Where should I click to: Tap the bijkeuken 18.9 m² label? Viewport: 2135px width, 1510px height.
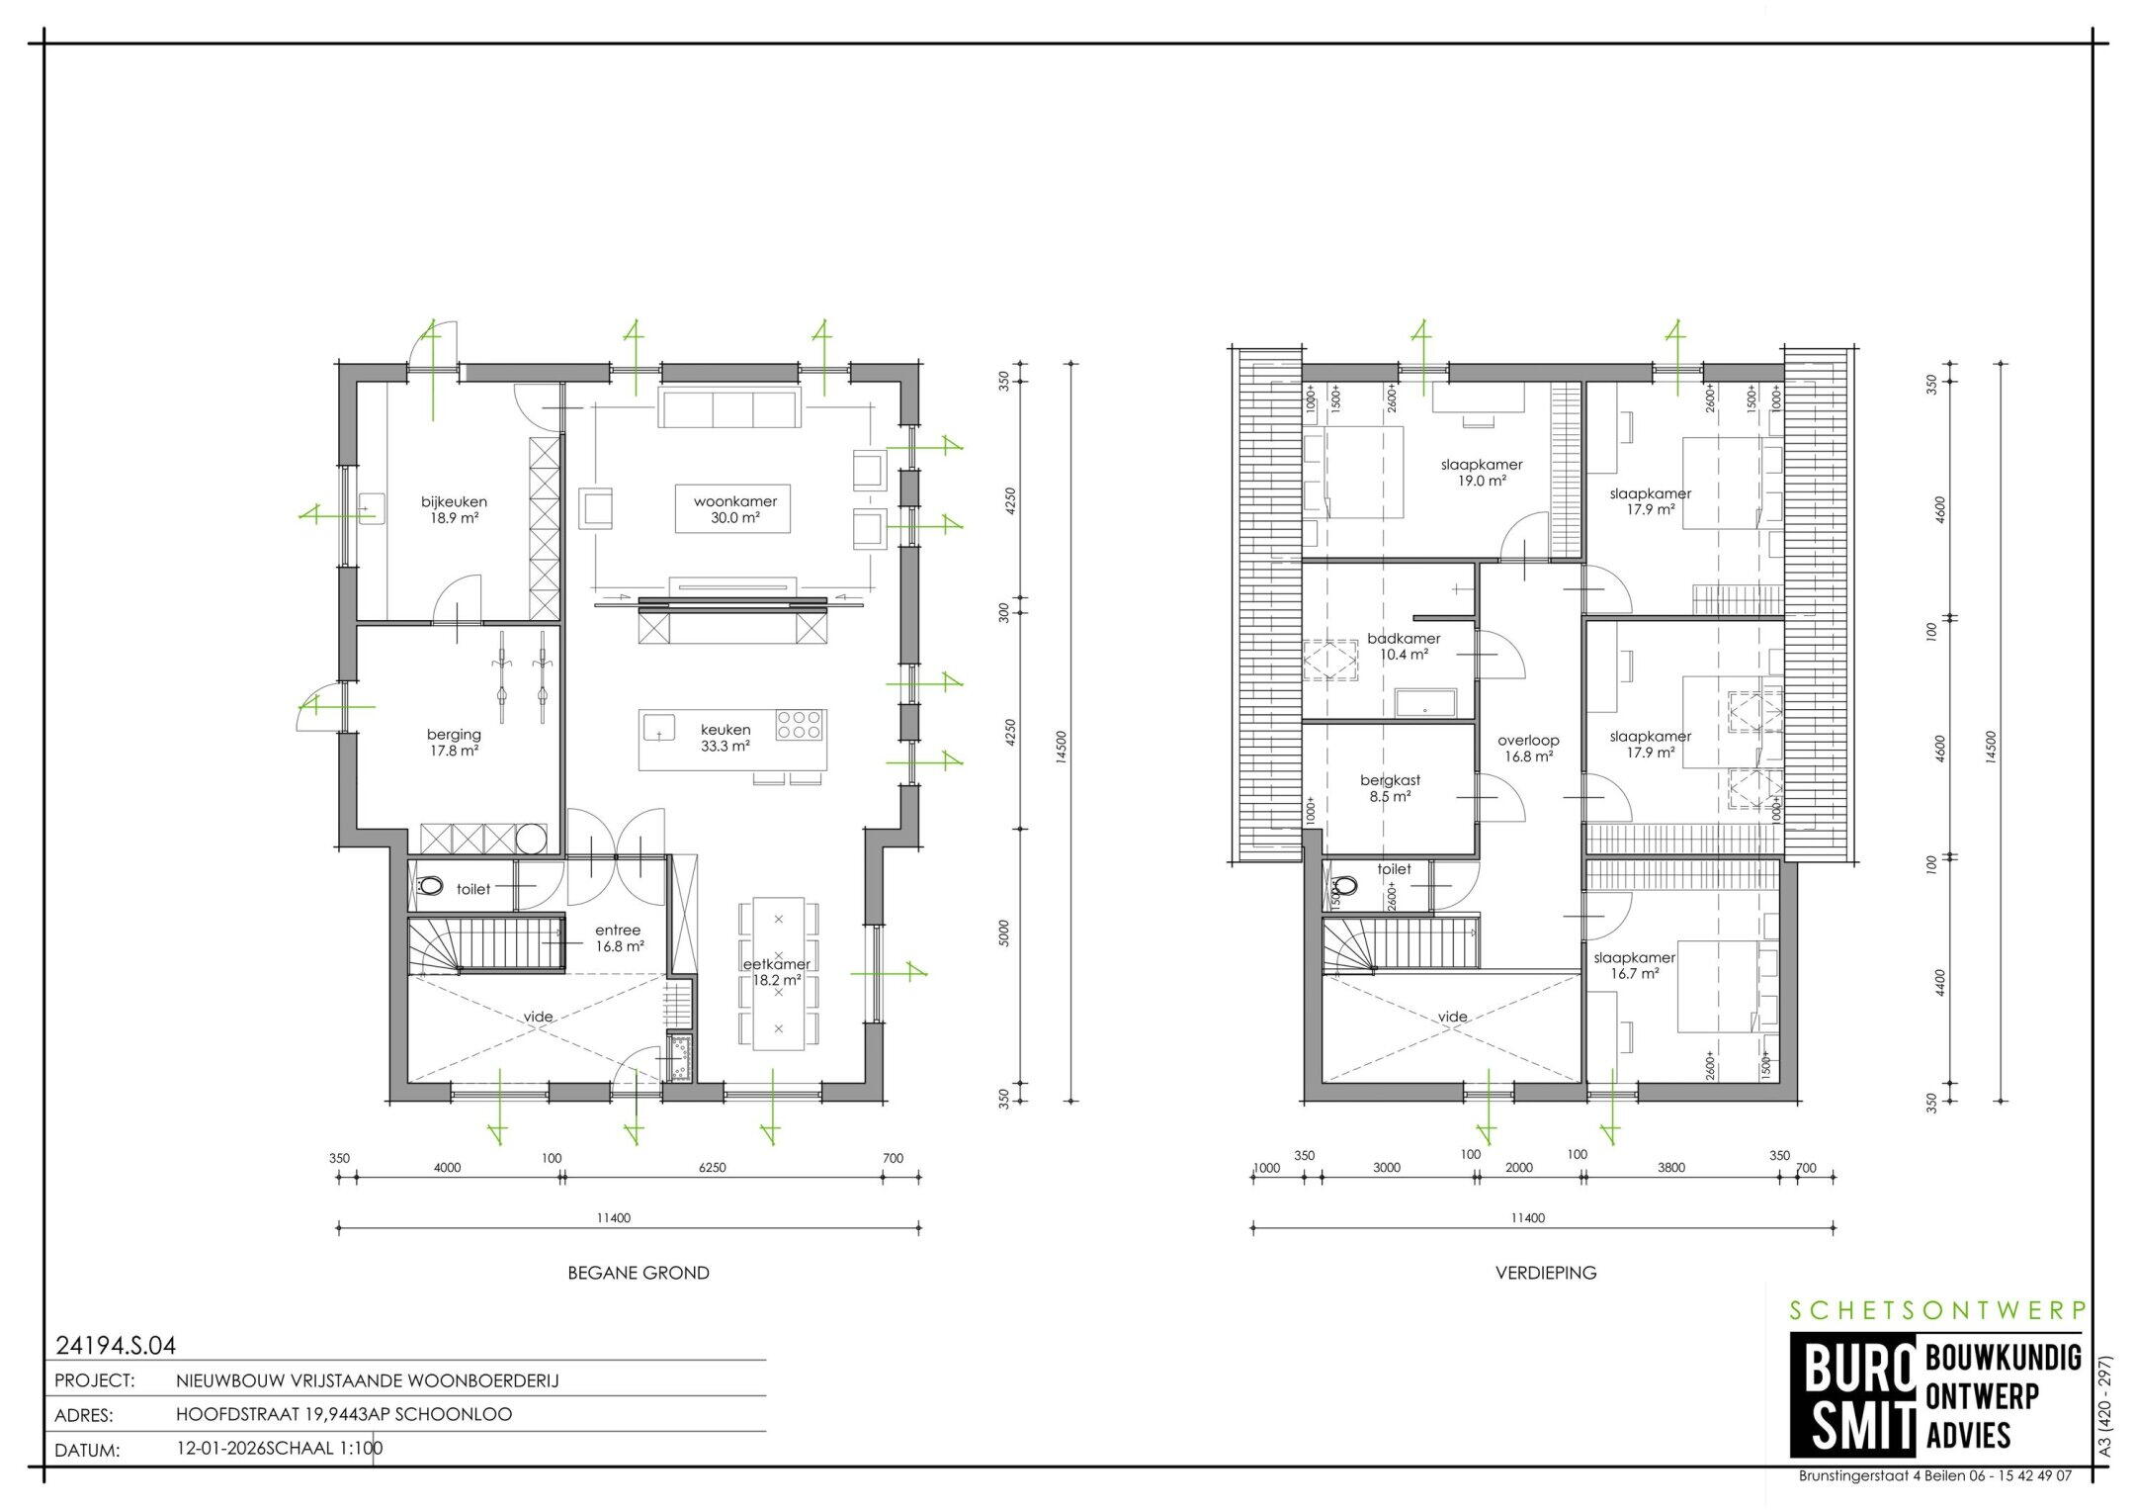(x=454, y=508)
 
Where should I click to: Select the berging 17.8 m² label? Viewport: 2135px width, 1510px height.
(x=454, y=742)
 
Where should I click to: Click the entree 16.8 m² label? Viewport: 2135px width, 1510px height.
(x=618, y=937)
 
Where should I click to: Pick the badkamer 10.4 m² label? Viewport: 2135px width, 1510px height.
(x=1404, y=646)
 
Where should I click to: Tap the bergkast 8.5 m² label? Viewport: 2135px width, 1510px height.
(x=1390, y=788)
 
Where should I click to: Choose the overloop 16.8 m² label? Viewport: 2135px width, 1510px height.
(x=1527, y=748)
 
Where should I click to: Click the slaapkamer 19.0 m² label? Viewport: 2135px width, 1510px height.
(x=1481, y=472)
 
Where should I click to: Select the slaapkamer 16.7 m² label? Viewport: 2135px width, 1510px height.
(x=1634, y=965)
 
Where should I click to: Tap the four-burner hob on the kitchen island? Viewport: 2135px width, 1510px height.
(x=800, y=725)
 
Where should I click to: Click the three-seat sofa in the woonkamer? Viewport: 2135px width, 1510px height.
(x=729, y=408)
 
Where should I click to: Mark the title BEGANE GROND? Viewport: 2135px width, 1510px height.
(x=639, y=1273)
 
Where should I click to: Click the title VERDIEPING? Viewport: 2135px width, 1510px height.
(x=1546, y=1273)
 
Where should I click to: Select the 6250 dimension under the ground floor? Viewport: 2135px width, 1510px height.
(x=712, y=1168)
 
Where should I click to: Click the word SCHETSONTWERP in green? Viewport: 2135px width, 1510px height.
(x=1938, y=1310)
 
